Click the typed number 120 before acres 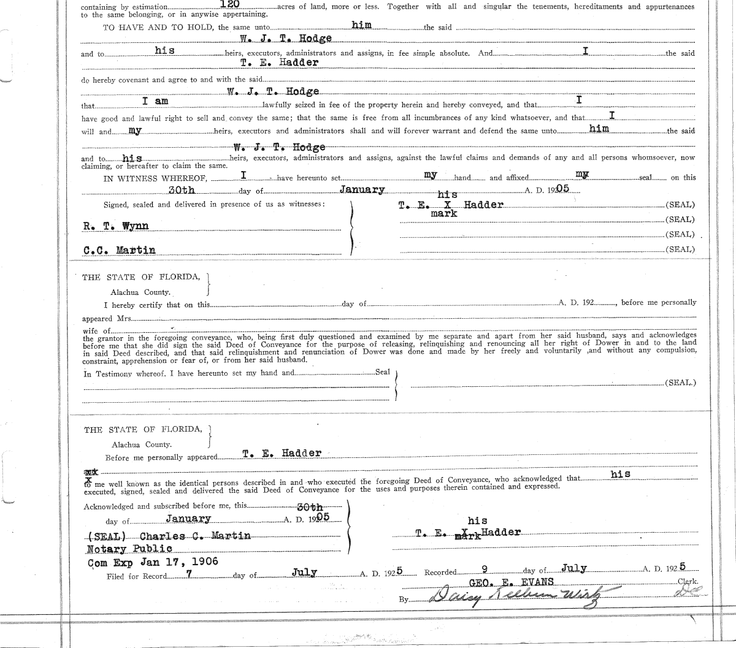pyautogui.click(x=220, y=4)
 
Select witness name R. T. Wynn pyautogui.click(x=116, y=226)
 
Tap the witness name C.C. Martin pyautogui.click(x=119, y=250)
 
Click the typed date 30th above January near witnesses pyautogui.click(x=182, y=190)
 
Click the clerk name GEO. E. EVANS pyautogui.click(x=511, y=582)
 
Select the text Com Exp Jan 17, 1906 pyautogui.click(x=153, y=562)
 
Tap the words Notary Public pyautogui.click(x=129, y=549)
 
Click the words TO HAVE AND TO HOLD pyautogui.click(x=158, y=28)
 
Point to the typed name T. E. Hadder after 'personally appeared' pyautogui.click(x=282, y=453)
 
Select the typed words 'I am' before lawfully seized pyautogui.click(x=155, y=101)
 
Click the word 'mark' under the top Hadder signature pyautogui.click(x=443, y=213)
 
